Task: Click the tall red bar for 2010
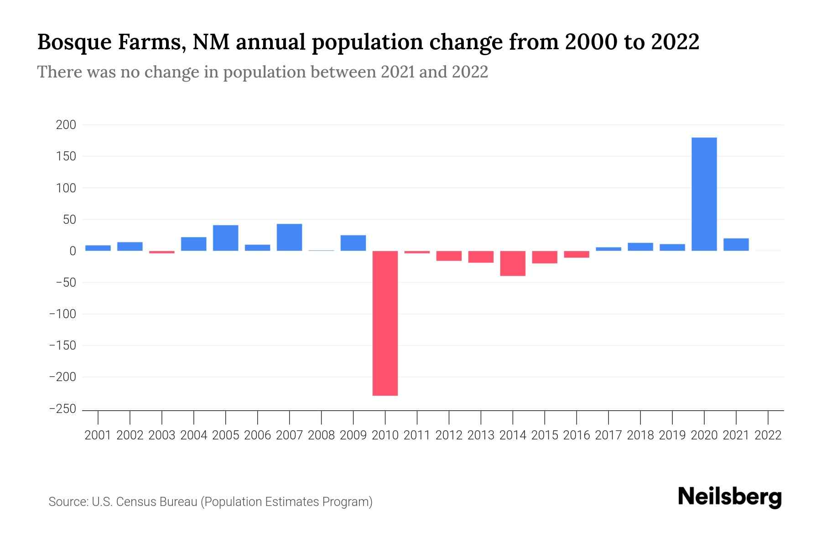(x=385, y=323)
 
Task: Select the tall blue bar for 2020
(x=704, y=194)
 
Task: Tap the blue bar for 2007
(x=289, y=237)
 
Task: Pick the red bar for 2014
(x=513, y=263)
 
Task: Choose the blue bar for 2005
(x=225, y=237)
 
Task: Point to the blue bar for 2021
(x=736, y=244)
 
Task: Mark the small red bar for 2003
(x=161, y=252)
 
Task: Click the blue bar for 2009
(x=353, y=243)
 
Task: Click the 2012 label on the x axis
(x=449, y=435)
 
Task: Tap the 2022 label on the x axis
(x=768, y=435)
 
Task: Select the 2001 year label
(x=98, y=435)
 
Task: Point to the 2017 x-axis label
(x=608, y=435)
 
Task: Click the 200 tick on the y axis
(x=66, y=125)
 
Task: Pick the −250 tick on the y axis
(x=62, y=409)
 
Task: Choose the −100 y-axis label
(x=62, y=314)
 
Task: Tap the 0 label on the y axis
(x=73, y=251)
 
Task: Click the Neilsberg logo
(x=730, y=497)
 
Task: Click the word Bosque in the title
(x=73, y=42)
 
